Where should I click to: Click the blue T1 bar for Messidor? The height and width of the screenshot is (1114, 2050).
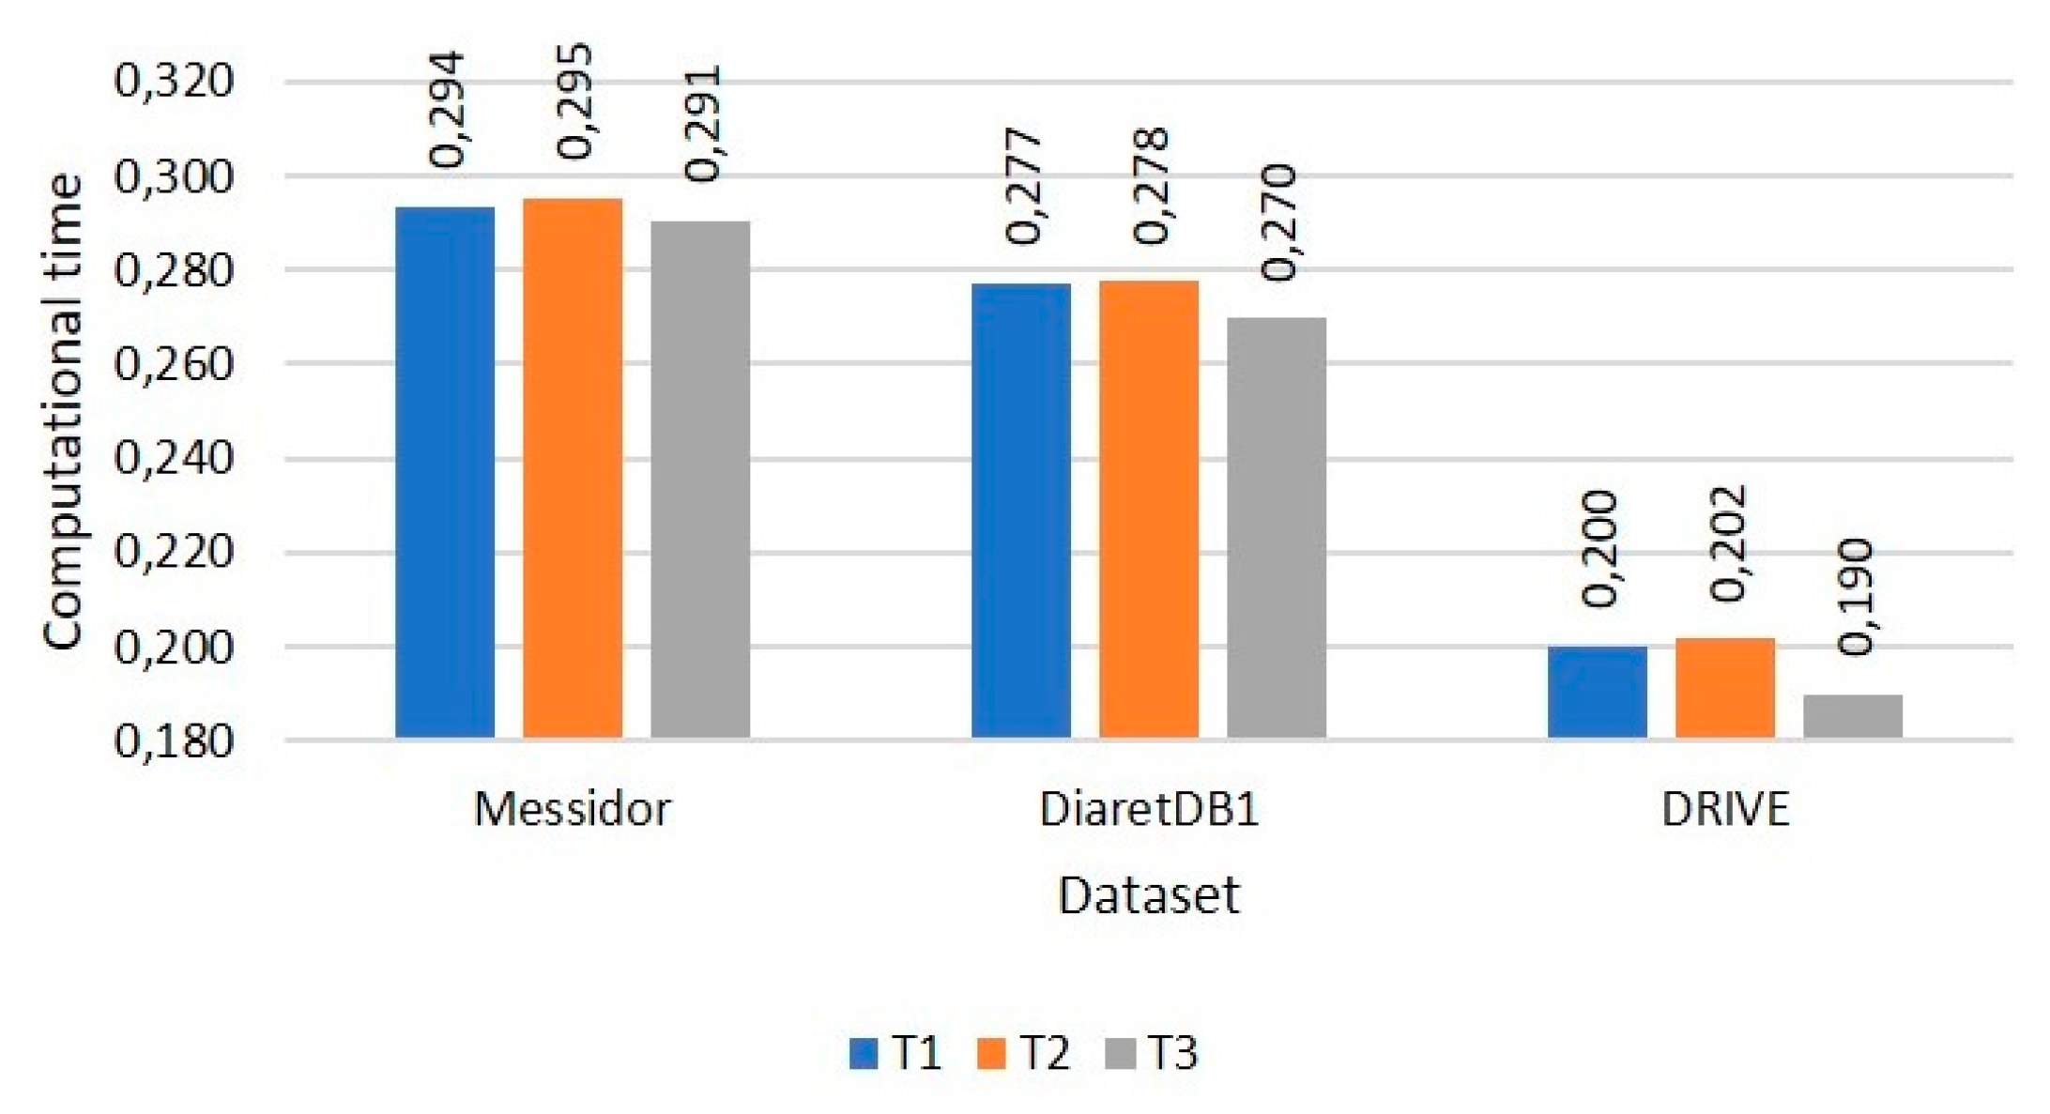tap(445, 472)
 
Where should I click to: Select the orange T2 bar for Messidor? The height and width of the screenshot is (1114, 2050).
tap(573, 467)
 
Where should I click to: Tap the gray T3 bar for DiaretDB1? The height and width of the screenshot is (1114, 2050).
tap(1277, 527)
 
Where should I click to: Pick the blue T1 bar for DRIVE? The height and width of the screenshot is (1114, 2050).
tap(1598, 692)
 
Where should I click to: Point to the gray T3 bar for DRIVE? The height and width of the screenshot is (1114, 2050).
tap(1853, 716)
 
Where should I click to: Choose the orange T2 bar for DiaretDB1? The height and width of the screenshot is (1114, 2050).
tap(1149, 509)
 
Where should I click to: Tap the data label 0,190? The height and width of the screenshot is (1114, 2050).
tap(1856, 597)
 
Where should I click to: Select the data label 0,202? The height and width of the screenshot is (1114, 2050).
tap(1728, 543)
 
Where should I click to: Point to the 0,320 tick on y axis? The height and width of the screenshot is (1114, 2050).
tap(173, 81)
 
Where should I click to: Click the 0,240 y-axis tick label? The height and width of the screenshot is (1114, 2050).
tap(173, 459)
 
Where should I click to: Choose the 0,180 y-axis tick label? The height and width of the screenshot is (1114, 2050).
tap(173, 741)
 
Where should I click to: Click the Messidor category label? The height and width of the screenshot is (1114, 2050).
tap(573, 809)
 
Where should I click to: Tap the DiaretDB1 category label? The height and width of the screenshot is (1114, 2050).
tap(1149, 809)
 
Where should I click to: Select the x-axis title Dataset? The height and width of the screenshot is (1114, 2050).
tap(1149, 895)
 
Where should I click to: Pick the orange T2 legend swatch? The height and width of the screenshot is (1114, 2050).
tap(991, 1053)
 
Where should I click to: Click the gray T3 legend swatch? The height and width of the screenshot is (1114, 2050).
tap(1121, 1053)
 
